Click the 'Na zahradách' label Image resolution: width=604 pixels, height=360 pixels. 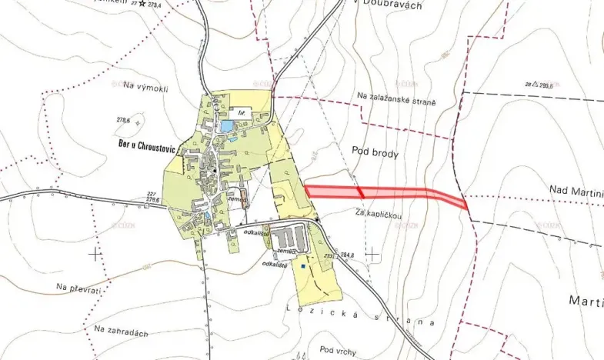tap(121, 332)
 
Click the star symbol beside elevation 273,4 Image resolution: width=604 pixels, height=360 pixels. tap(141, 4)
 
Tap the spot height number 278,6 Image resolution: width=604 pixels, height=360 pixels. tap(122, 120)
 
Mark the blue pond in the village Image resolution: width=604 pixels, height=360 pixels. tap(227, 125)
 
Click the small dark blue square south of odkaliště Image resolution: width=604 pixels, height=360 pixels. tap(305, 267)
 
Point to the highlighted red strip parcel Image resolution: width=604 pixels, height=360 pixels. tap(385, 193)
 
